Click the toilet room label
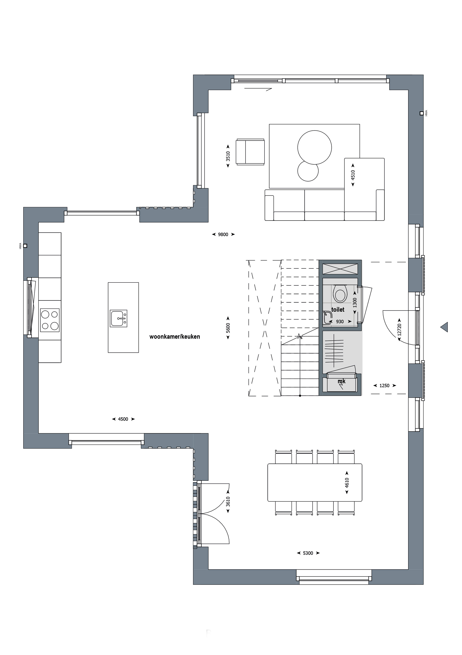click(338, 310)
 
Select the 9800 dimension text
click(223, 234)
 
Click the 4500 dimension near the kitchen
click(123, 419)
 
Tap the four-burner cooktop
click(50, 320)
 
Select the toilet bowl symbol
click(340, 294)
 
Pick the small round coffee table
click(308, 171)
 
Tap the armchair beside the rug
click(250, 152)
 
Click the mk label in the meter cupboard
click(341, 381)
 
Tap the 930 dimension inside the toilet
click(340, 322)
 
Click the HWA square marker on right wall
click(421, 113)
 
